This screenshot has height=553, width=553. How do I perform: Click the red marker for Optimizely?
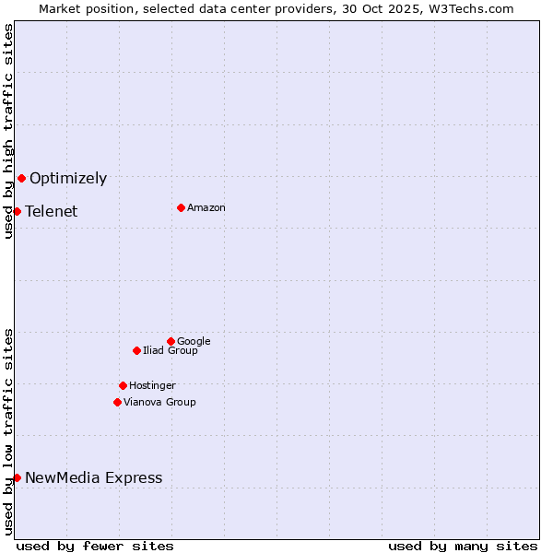pyautogui.click(x=21, y=178)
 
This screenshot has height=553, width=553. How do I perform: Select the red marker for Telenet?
pyautogui.click(x=17, y=211)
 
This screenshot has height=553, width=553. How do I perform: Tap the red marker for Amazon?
pyautogui.click(x=181, y=207)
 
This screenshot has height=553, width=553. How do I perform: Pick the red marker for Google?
pyautogui.click(x=171, y=341)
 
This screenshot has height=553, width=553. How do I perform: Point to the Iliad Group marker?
pyautogui.click(x=136, y=350)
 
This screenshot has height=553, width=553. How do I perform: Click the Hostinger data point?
pyautogui.click(x=123, y=385)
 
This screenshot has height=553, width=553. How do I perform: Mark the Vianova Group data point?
pyautogui.click(x=117, y=402)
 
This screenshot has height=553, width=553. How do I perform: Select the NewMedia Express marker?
pyautogui.click(x=17, y=477)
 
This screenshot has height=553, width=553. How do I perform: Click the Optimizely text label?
pyautogui.click(x=68, y=179)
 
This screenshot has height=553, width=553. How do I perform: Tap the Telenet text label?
pyautogui.click(x=52, y=212)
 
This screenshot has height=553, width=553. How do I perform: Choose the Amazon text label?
pyautogui.click(x=206, y=208)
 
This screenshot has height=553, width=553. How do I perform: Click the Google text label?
pyautogui.click(x=194, y=342)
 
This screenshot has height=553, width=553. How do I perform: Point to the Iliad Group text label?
pyautogui.click(x=171, y=351)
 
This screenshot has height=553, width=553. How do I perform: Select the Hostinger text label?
pyautogui.click(x=152, y=386)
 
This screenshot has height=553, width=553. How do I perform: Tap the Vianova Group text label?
pyautogui.click(x=159, y=403)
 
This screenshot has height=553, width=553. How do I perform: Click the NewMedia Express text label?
pyautogui.click(x=94, y=478)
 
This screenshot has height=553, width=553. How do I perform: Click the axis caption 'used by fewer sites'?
pyautogui.click(x=95, y=547)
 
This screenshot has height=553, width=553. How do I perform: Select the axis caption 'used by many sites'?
pyautogui.click(x=463, y=547)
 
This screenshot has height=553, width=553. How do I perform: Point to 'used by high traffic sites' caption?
pyautogui.click(x=8, y=131)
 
